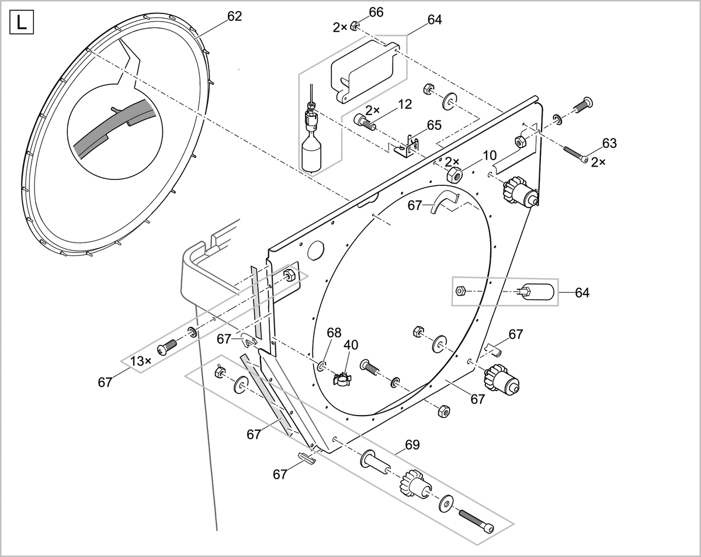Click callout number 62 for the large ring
pyautogui.click(x=234, y=16)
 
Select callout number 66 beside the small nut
pyautogui.click(x=376, y=12)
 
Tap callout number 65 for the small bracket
pyautogui.click(x=434, y=125)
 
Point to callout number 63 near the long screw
pyautogui.click(x=609, y=143)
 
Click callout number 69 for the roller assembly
pyautogui.click(x=412, y=445)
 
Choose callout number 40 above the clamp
pyautogui.click(x=350, y=345)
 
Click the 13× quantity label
pyautogui.click(x=140, y=361)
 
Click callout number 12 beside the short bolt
pyautogui.click(x=405, y=105)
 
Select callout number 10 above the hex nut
pyautogui.click(x=490, y=155)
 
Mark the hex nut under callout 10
pyautogui.click(x=454, y=174)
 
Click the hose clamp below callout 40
pyautogui.click(x=342, y=379)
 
